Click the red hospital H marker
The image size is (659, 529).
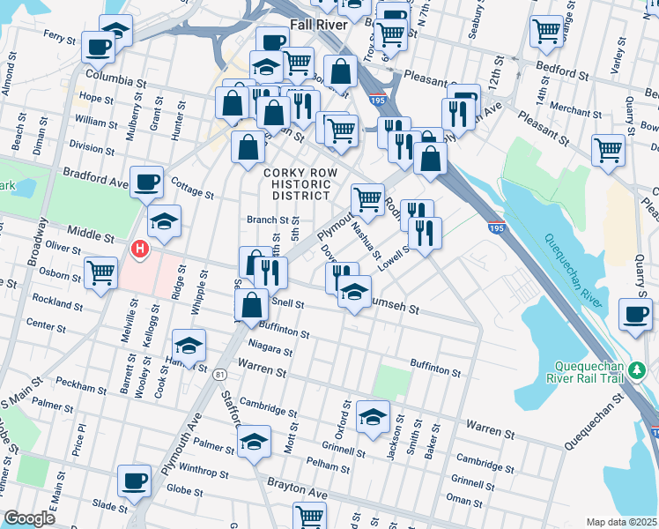pyautogui.click(x=138, y=250)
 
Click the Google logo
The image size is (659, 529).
pyautogui.click(x=29, y=518)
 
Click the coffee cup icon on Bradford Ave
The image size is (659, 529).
pyautogui.click(x=146, y=182)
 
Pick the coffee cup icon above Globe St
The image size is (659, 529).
pyautogui.click(x=134, y=481)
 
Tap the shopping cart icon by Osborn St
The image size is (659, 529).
pyautogui.click(x=101, y=272)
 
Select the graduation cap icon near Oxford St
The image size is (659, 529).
pyautogui.click(x=374, y=415)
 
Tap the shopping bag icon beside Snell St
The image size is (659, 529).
pyautogui.click(x=252, y=305)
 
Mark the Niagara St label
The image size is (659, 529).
pyautogui.click(x=269, y=347)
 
